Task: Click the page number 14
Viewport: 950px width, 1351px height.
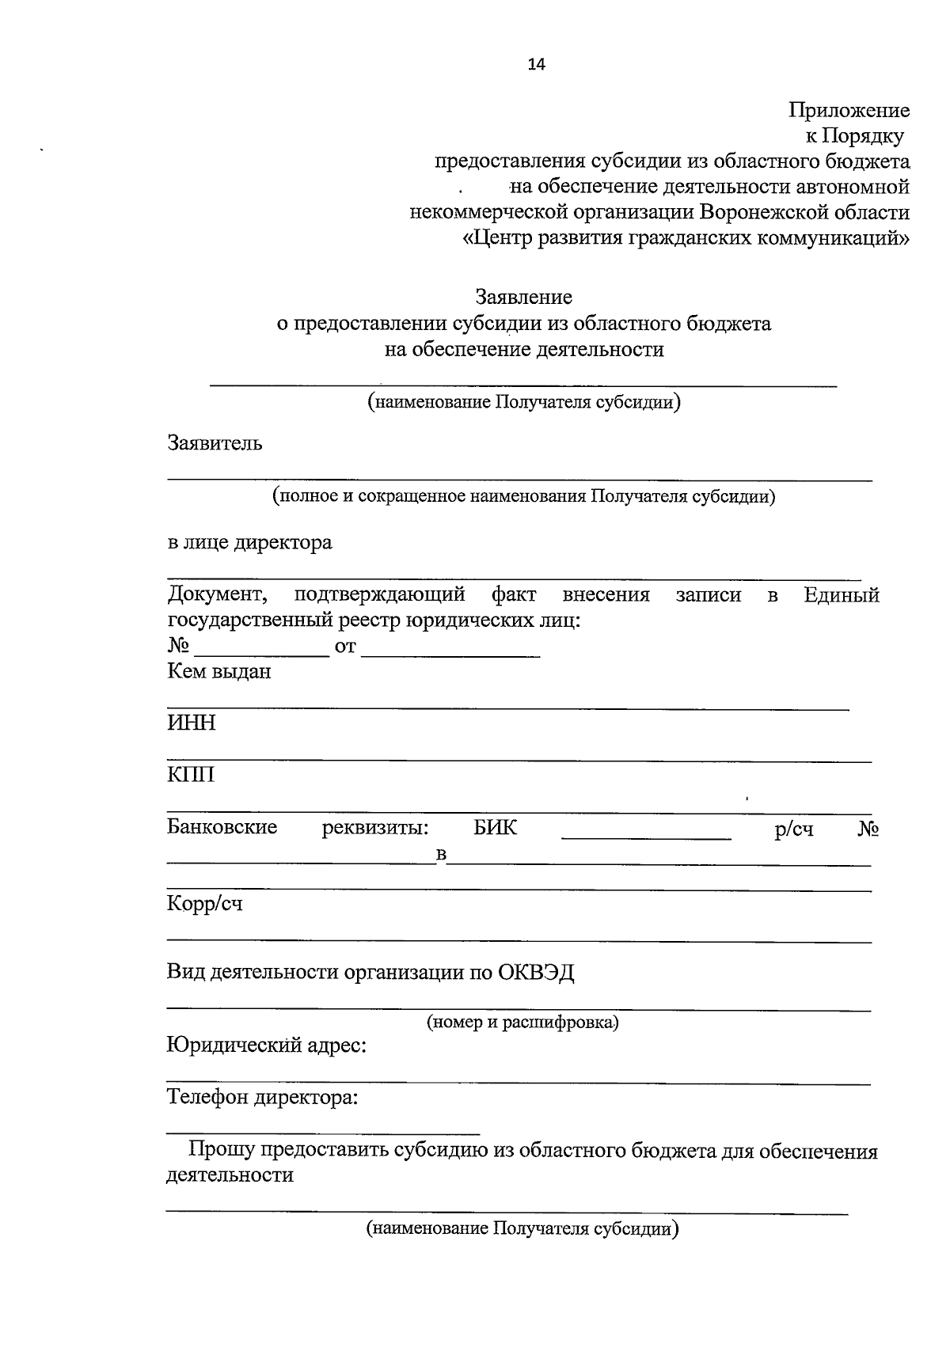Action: pyautogui.click(x=537, y=65)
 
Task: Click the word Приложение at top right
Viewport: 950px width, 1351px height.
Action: pyautogui.click(x=849, y=110)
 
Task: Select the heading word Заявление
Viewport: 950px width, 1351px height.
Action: pyautogui.click(x=523, y=298)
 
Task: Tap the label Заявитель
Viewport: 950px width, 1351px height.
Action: pyautogui.click(x=215, y=443)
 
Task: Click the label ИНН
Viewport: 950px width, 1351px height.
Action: pyautogui.click(x=191, y=723)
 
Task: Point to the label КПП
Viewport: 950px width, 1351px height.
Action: pyautogui.click(x=191, y=774)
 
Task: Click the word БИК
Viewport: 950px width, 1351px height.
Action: pyautogui.click(x=496, y=828)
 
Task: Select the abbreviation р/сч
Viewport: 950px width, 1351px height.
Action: pyautogui.click(x=794, y=829)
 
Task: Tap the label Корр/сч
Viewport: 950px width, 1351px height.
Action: pyautogui.click(x=204, y=904)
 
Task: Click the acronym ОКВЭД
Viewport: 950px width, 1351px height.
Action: pyautogui.click(x=536, y=972)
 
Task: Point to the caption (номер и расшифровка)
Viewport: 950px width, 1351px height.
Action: pyautogui.click(x=522, y=1022)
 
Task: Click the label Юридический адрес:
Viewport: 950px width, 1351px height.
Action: pyautogui.click(x=267, y=1046)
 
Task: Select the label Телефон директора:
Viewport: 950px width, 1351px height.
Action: pyautogui.click(x=262, y=1099)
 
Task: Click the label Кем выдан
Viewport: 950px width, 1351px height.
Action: pyautogui.click(x=219, y=672)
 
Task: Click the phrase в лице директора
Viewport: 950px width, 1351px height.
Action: pyautogui.click(x=249, y=543)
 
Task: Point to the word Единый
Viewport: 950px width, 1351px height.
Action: pyautogui.click(x=841, y=595)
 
